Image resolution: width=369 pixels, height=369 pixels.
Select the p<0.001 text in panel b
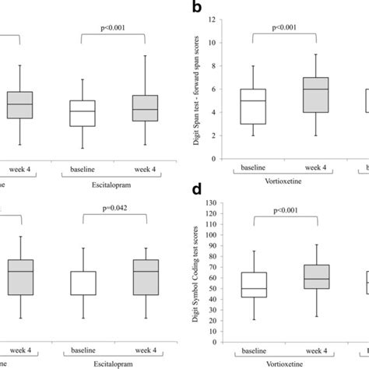[x=284, y=29]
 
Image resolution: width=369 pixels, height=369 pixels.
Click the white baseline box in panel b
[x=253, y=106]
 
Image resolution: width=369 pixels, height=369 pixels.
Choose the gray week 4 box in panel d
[x=314, y=276]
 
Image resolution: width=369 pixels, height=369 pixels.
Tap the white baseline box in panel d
[x=253, y=284]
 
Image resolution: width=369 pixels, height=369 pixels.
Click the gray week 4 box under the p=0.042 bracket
[x=145, y=277]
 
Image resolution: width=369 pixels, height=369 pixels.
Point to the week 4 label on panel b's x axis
[x=314, y=167]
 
